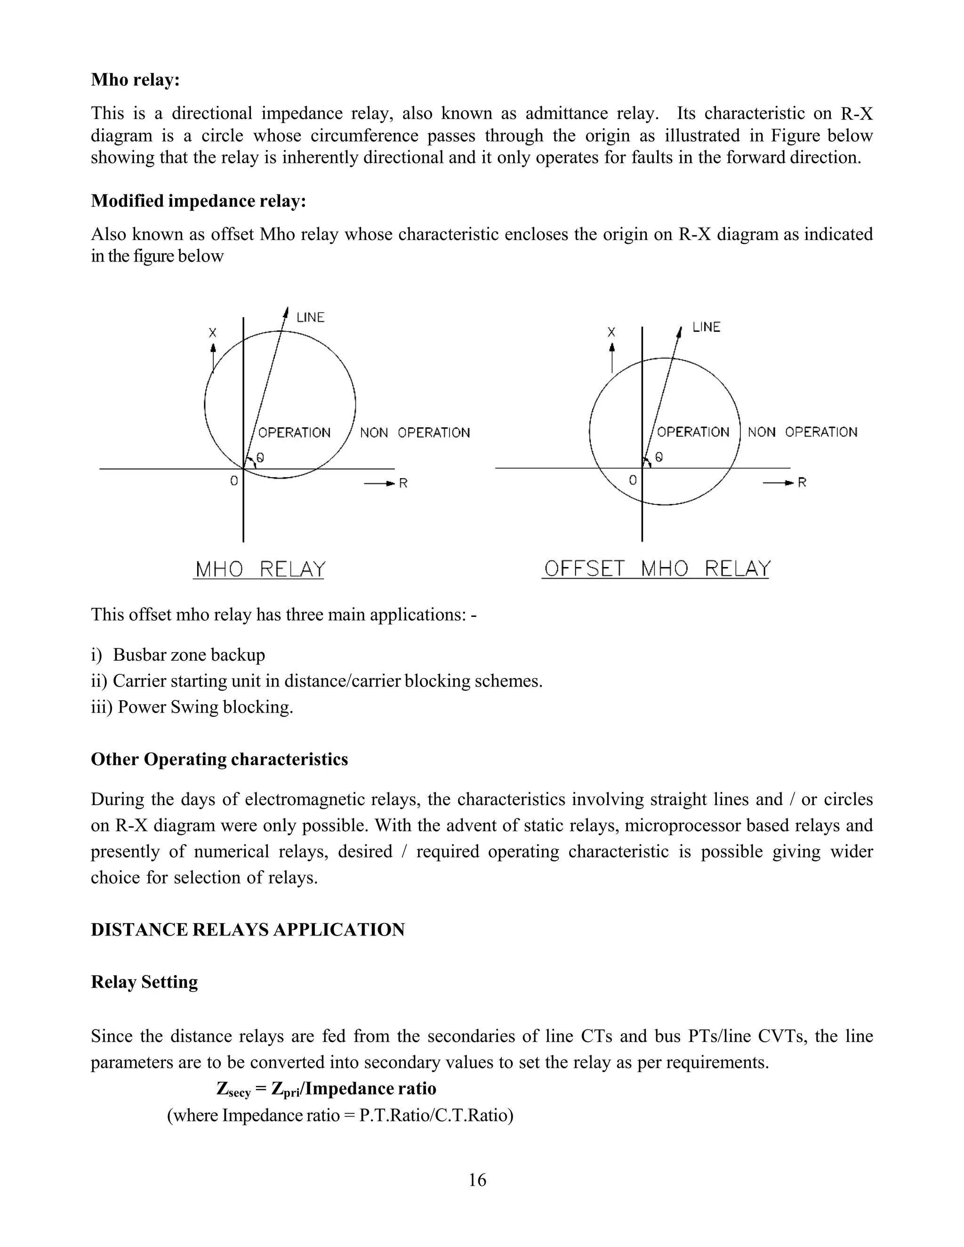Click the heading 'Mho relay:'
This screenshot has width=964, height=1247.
(136, 80)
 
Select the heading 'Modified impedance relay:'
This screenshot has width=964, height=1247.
(198, 201)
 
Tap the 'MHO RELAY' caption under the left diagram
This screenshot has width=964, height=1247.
(260, 569)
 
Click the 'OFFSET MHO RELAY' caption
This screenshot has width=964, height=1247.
(657, 569)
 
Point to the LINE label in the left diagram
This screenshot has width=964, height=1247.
(310, 318)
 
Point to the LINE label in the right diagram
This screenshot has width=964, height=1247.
(706, 327)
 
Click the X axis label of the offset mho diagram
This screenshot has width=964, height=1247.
(611, 332)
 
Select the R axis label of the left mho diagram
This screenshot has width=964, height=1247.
(403, 484)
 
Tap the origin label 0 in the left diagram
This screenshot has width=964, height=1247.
(233, 481)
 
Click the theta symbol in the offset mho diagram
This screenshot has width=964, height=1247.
(659, 457)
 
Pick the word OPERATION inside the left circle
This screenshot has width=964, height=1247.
(294, 433)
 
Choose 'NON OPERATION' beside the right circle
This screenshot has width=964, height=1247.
(802, 432)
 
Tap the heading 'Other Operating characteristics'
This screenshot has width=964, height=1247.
(219, 759)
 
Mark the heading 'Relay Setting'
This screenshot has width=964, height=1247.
(144, 982)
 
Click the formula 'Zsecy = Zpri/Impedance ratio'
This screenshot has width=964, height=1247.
(326, 1089)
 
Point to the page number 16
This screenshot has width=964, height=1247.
(477, 1180)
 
